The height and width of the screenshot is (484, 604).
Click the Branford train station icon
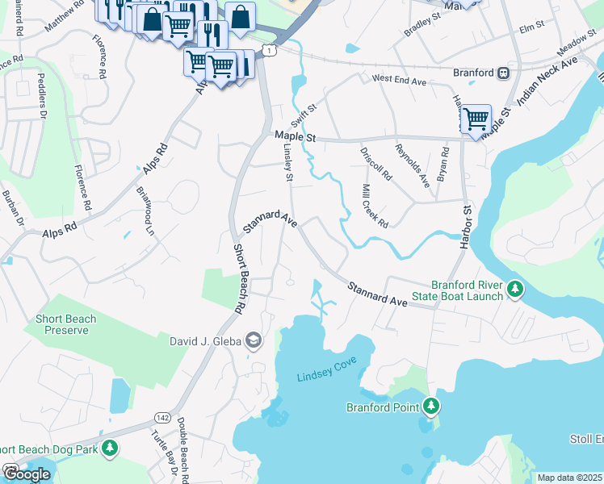[x=503, y=73]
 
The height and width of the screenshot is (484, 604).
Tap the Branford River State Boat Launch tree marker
[x=514, y=288]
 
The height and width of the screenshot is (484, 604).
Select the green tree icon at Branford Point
[x=432, y=406]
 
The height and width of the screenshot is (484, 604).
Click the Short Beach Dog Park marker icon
[x=110, y=448]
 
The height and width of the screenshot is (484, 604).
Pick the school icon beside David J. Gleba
[x=253, y=340]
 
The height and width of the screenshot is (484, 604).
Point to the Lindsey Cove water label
[x=326, y=377]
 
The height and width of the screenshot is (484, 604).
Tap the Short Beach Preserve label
[x=65, y=324]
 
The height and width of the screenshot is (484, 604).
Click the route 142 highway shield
[x=161, y=417]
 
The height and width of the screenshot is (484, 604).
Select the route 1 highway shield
[x=269, y=51]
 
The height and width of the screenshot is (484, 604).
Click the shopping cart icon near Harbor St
[x=476, y=119]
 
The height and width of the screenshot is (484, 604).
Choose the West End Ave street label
[x=398, y=81]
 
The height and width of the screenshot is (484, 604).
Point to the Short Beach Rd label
[x=239, y=278]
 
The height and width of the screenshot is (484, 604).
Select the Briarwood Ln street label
[x=147, y=212]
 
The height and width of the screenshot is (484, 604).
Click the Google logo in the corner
[x=27, y=474]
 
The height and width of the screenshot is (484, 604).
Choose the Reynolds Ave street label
[x=412, y=165]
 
